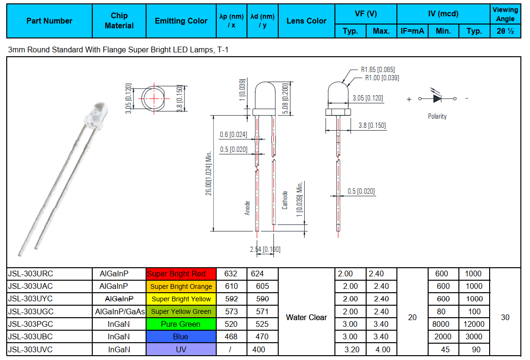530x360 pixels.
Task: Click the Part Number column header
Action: (49, 21)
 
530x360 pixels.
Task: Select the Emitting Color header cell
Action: (181, 21)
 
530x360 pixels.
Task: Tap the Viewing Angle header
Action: (505, 14)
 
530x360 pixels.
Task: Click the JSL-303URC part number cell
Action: (49, 274)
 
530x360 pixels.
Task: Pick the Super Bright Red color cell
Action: (181, 274)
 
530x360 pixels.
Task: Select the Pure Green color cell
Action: (181, 324)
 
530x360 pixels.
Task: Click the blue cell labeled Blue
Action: (181, 336)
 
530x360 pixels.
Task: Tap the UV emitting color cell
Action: (181, 349)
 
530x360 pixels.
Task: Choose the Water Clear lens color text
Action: (306, 317)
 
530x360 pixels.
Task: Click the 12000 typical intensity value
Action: (474, 324)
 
